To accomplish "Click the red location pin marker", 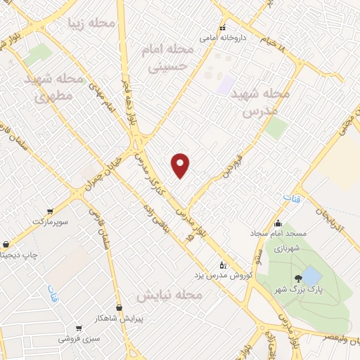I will (x=181, y=165).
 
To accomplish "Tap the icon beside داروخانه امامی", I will (x=223, y=28).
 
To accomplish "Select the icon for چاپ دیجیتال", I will (x=6, y=245).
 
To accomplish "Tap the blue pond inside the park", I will (x=311, y=275).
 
